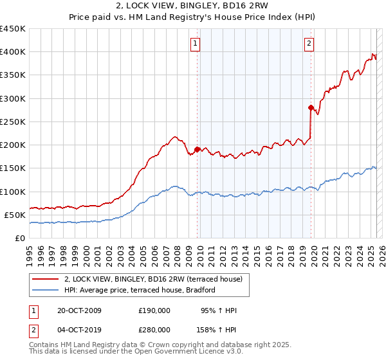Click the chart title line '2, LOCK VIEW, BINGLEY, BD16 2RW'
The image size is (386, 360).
point(193,7)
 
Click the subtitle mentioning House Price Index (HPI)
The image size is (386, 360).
point(193,18)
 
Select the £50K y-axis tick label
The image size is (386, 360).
point(15,215)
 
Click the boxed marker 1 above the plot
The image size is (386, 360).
point(195,44)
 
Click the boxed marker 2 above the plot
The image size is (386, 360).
point(309,44)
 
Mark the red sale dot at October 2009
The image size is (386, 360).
point(197,150)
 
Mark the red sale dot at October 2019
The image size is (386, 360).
point(310,108)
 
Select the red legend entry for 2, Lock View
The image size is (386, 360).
point(153,279)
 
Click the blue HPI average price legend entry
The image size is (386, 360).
point(143,291)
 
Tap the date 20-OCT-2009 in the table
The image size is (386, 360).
point(78,311)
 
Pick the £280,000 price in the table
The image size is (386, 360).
point(154,329)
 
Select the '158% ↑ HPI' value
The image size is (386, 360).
point(217,329)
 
